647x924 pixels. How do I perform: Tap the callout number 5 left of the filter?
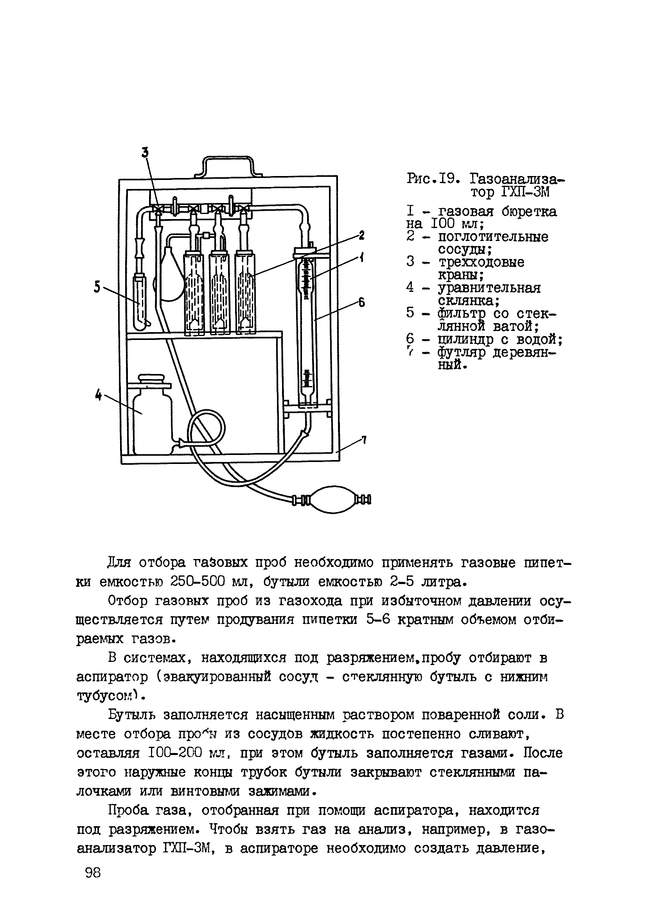[x=97, y=286]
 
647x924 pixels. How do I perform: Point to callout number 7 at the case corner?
[x=363, y=440]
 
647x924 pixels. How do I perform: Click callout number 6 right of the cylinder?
[x=361, y=302]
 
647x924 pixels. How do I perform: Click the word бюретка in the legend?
[x=530, y=212]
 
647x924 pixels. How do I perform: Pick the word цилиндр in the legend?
[x=465, y=340]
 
